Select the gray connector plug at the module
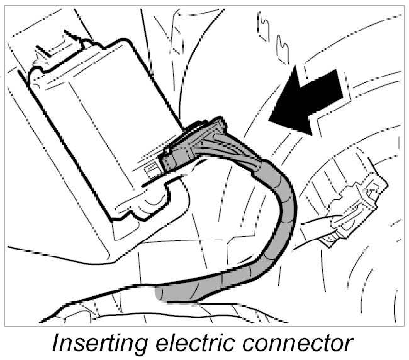195,145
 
